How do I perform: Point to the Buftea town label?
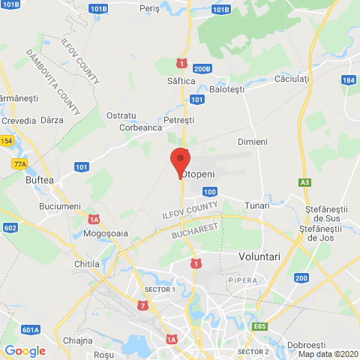[x=40, y=181]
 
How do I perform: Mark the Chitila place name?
[x=88, y=263]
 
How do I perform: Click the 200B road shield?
[x=202, y=69]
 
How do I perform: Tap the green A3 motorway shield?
[x=304, y=181]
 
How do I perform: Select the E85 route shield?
[x=260, y=326]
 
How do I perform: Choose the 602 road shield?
[x=10, y=227]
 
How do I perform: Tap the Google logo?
[x=25, y=350]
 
